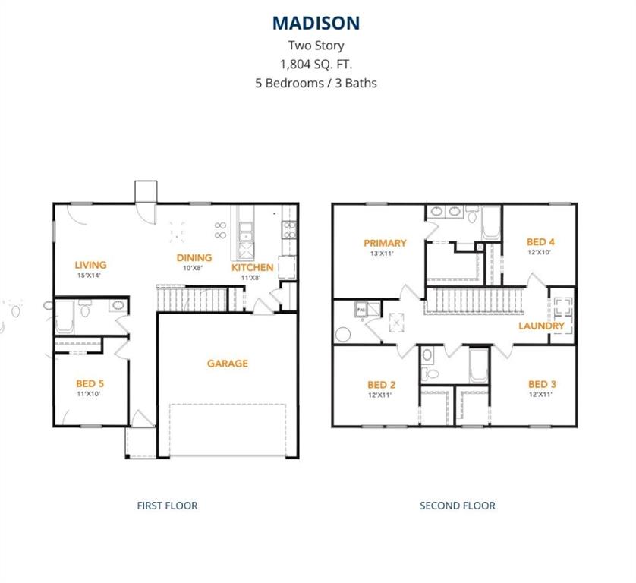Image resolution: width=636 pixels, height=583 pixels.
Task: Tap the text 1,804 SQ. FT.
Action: pos(316,65)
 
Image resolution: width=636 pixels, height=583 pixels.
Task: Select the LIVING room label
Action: pos(90,265)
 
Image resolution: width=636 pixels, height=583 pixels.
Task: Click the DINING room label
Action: pos(194,257)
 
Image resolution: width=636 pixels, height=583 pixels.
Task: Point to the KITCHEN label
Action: pos(252,267)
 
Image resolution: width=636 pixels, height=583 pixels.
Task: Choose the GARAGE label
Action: pos(228,364)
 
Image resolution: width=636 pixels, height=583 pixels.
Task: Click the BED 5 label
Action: pos(89,384)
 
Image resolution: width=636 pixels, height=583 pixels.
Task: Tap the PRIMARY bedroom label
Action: pos(385,243)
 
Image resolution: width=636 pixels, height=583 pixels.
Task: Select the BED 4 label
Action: pos(541,242)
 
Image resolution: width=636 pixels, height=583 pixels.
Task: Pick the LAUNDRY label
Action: pos(541,326)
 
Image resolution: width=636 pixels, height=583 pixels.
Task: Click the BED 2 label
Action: pos(382,384)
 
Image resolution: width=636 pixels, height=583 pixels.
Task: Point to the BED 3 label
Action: pos(542,384)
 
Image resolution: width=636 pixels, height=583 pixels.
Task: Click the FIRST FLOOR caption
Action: pos(167,506)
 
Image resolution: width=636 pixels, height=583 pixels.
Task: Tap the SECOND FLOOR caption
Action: pos(458,506)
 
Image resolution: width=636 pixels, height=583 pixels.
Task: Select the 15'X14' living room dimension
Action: pos(90,276)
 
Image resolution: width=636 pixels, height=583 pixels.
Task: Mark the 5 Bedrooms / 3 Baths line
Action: pos(316,83)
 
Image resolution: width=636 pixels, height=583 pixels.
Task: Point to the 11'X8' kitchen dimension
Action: pos(252,278)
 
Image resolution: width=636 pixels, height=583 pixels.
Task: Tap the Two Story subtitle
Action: pos(316,46)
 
